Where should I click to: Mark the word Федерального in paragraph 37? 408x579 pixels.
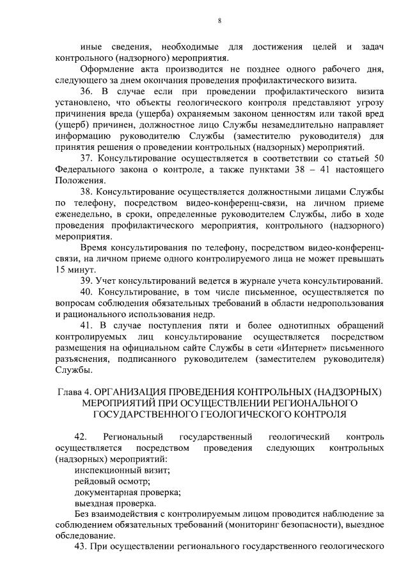(x=87, y=168)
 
